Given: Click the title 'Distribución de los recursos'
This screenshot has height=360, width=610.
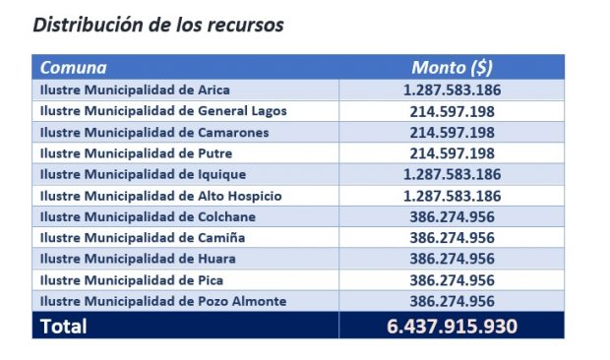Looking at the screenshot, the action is [x=158, y=26].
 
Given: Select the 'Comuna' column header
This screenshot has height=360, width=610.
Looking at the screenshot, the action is [x=73, y=68].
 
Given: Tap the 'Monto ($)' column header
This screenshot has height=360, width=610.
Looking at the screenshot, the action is [x=452, y=68].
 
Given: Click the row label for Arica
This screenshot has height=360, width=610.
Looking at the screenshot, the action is [x=135, y=90].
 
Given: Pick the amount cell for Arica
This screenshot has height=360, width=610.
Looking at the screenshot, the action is [x=452, y=90].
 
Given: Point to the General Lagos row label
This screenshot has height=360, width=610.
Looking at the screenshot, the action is [x=163, y=111].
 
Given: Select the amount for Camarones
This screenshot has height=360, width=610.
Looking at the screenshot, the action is [x=452, y=133].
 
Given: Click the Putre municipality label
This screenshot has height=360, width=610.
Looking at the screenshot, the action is [x=136, y=153].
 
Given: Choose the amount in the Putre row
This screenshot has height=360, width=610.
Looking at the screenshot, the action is [x=452, y=153].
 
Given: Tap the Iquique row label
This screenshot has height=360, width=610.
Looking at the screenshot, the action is [x=144, y=174].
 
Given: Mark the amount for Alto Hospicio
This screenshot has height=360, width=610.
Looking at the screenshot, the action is [x=452, y=196].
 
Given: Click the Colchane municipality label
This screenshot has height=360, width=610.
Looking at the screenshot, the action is [x=148, y=217].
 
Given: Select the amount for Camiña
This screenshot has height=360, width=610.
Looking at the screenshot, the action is [x=452, y=238].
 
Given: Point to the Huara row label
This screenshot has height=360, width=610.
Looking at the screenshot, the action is [x=138, y=259].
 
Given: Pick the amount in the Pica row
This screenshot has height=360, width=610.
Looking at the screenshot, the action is [x=452, y=280].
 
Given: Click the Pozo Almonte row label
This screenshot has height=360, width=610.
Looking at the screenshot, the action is [x=163, y=301].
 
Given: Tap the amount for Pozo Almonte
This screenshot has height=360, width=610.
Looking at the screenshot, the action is [x=452, y=301].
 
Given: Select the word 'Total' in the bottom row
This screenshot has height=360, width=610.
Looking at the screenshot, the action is [x=64, y=327].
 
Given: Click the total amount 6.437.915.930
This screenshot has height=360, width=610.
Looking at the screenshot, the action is [x=452, y=327].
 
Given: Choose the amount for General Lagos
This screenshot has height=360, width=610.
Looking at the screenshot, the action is [x=452, y=111].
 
